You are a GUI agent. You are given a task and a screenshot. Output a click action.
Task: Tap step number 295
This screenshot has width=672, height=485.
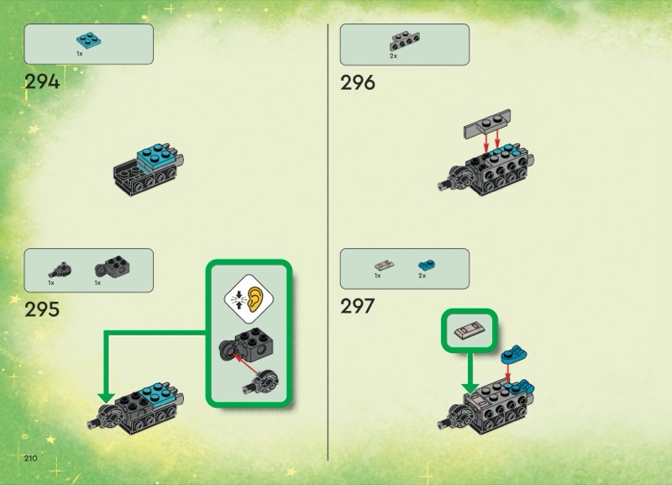[42, 308]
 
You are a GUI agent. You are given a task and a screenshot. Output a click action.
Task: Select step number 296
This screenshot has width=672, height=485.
[358, 82]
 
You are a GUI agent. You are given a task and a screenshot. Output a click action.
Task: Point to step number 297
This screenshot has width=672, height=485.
[357, 306]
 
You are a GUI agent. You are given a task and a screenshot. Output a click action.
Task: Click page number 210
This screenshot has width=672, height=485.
[32, 457]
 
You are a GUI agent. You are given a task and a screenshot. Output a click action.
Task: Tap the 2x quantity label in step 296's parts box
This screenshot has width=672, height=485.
[393, 55]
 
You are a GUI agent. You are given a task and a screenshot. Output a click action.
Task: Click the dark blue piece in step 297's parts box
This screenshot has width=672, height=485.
[423, 265]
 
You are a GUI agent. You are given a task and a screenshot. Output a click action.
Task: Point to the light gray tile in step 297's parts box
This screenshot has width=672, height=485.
[379, 265]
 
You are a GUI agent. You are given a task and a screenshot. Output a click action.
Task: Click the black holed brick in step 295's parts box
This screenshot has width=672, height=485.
[108, 267]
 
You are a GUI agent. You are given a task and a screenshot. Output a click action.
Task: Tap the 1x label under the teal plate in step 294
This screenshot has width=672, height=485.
[80, 53]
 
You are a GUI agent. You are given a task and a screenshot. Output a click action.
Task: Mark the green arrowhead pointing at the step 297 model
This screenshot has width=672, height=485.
[470, 386]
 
